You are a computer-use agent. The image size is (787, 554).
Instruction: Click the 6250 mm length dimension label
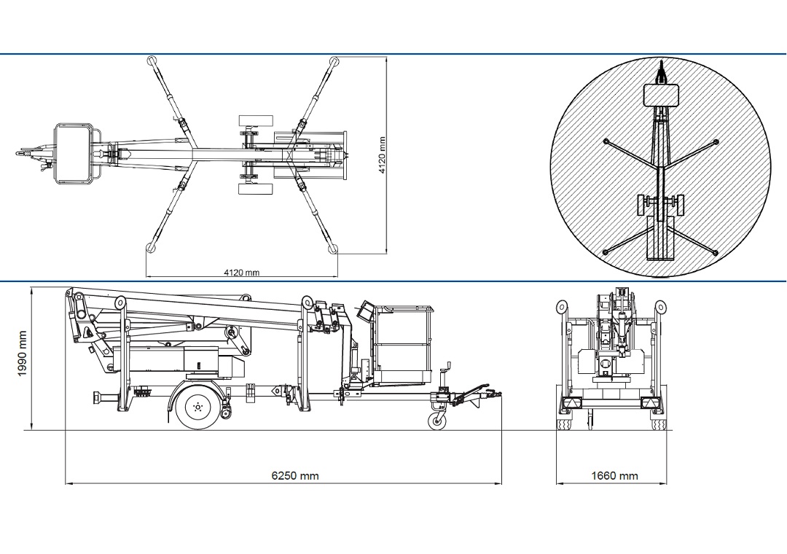tap(295, 476)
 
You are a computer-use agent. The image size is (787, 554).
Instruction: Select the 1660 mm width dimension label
tap(614, 476)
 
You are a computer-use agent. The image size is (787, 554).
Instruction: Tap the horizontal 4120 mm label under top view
tap(241, 273)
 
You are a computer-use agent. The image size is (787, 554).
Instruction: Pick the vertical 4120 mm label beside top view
tap(382, 154)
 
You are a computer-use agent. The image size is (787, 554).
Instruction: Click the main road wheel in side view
tap(197, 407)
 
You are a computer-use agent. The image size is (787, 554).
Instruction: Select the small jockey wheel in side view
tap(436, 421)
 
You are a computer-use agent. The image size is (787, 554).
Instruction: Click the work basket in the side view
tap(402, 343)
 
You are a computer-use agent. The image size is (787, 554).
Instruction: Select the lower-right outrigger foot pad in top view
tap(334, 249)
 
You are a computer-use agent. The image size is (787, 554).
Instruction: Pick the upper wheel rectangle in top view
tap(256, 120)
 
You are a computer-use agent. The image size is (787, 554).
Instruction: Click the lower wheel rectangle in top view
tap(256, 189)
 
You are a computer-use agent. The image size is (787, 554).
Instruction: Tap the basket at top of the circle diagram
tap(661, 95)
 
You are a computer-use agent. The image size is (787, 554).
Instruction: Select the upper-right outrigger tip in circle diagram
tap(716, 141)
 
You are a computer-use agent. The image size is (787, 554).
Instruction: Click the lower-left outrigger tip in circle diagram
tap(605, 252)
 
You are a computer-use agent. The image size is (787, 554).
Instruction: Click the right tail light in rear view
tap(646, 404)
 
